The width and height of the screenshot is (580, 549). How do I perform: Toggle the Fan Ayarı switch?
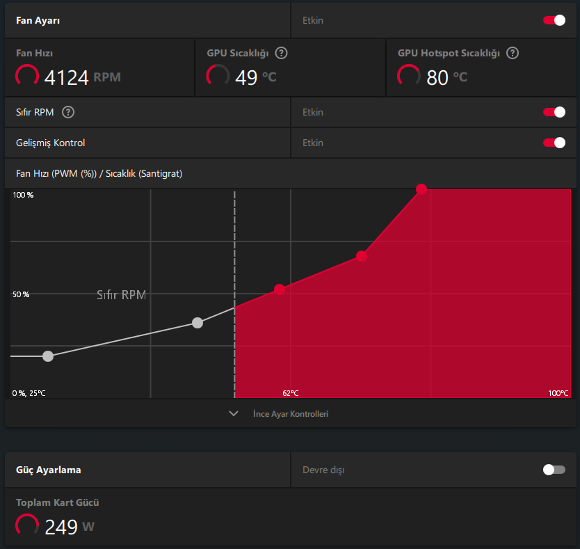point(554,20)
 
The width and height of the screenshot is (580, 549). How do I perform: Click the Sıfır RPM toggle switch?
point(554,112)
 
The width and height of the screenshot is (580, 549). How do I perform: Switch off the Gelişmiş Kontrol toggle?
point(554,143)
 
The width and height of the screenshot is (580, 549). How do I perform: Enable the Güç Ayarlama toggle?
point(554,470)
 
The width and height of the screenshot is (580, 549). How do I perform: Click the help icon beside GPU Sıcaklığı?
point(281,54)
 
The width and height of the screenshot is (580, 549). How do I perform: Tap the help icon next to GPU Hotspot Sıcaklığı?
point(513,54)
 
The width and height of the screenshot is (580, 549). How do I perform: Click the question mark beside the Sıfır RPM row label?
point(68,112)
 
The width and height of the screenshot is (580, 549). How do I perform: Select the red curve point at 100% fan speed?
point(421,189)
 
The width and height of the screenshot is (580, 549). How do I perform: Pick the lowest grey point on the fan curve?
point(48,356)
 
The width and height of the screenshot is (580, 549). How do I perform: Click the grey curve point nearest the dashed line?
point(198,323)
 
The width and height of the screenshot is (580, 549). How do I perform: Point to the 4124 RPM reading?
point(83,77)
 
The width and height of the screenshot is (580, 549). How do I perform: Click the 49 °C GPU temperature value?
point(256,77)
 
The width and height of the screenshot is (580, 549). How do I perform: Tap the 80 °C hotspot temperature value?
point(447,77)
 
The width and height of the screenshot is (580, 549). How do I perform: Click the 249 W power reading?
point(70,527)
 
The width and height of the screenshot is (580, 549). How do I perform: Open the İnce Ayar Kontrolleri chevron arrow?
point(234,413)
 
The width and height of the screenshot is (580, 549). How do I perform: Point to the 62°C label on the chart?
point(291,393)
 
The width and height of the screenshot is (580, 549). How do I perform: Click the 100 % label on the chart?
point(23,195)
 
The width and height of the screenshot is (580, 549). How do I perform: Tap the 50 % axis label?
point(21,294)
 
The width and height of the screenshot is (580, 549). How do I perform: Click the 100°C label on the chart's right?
point(558,393)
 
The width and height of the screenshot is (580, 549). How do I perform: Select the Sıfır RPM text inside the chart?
point(121,294)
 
